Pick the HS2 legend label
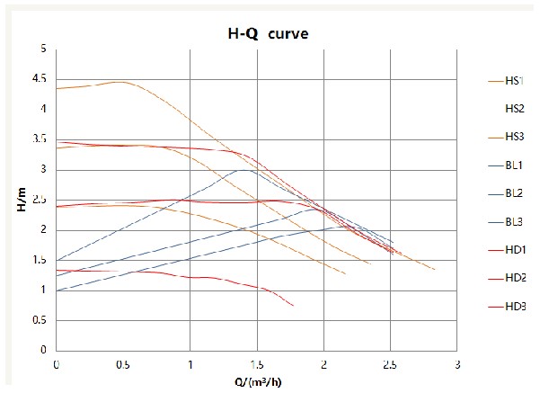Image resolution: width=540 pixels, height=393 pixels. tap(514, 109)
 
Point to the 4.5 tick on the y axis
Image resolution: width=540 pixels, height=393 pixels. tap(39, 79)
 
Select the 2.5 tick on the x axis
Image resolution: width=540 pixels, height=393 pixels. tap(390, 364)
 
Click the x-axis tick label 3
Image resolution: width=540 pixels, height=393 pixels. tap(456, 364)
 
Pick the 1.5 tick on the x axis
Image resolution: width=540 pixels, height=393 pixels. tap(257, 364)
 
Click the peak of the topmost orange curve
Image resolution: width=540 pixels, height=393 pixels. tap(120, 82)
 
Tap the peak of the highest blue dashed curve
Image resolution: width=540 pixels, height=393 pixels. tap(243, 169)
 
